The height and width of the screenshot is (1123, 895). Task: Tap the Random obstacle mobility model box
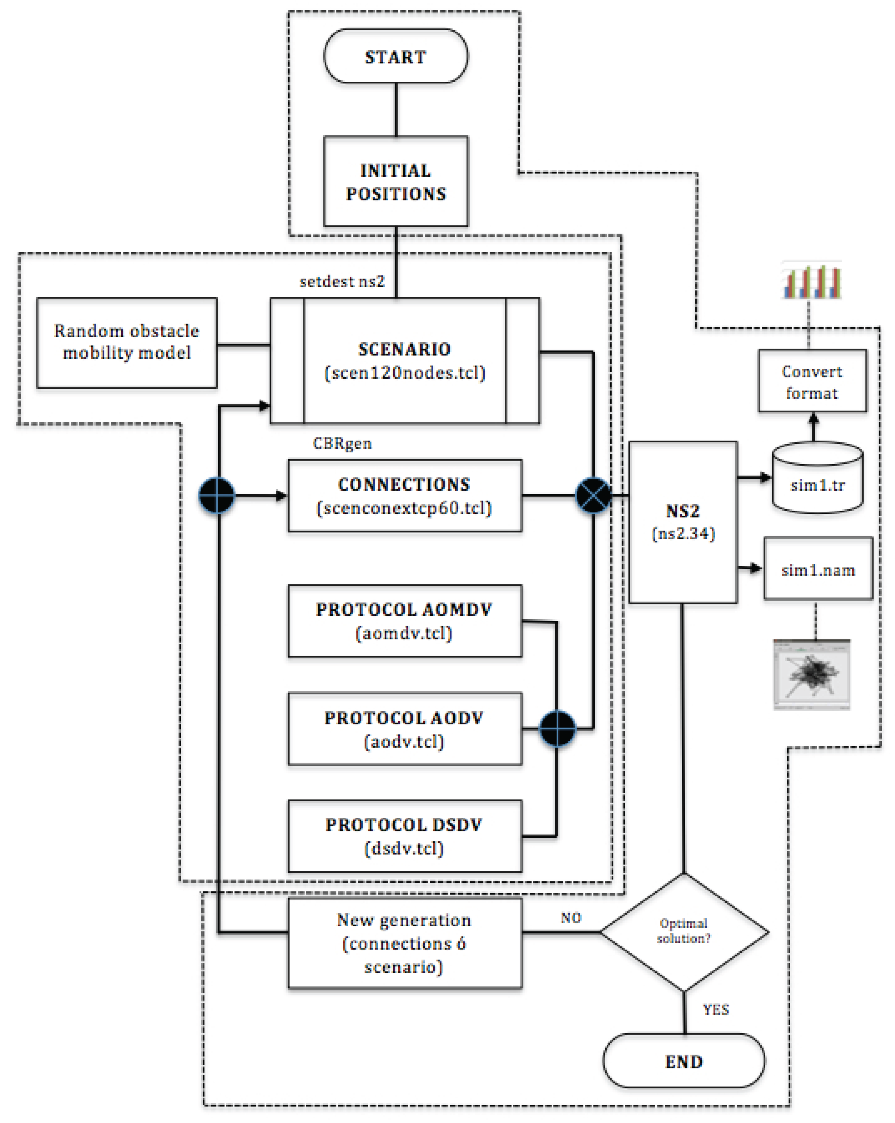[127, 342]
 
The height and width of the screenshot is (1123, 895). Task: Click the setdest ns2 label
[342, 282]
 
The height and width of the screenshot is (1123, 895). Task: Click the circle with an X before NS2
[593, 495]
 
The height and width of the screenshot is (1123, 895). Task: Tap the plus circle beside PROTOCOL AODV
[557, 728]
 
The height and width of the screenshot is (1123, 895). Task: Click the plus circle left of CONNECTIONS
[217, 495]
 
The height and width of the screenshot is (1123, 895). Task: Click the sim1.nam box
[818, 569]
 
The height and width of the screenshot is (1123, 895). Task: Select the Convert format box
[812, 381]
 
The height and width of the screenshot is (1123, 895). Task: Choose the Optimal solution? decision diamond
[684, 932]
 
